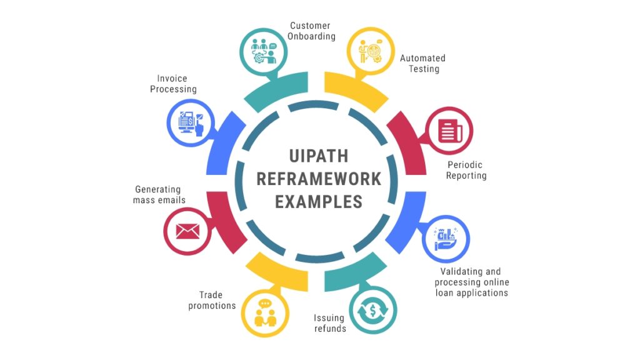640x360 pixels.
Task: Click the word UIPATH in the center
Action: click(x=318, y=156)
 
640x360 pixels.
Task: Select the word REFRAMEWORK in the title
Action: click(x=318, y=179)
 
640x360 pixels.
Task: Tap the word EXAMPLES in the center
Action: click(x=318, y=202)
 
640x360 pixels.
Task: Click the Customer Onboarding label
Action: click(x=311, y=31)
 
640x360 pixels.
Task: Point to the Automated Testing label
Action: click(x=423, y=63)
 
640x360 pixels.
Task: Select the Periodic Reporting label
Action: click(x=466, y=170)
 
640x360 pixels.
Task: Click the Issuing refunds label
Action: click(x=330, y=323)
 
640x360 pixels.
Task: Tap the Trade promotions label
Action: click(x=212, y=300)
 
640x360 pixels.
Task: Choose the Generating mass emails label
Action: click(x=159, y=195)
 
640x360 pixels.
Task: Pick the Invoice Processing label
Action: click(x=173, y=84)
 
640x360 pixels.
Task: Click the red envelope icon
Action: click(x=187, y=231)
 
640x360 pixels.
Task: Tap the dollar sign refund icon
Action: click(x=372, y=311)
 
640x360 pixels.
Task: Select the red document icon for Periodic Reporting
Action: click(x=450, y=131)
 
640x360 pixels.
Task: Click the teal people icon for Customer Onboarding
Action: click(x=264, y=52)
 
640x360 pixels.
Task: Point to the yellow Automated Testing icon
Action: click(x=371, y=51)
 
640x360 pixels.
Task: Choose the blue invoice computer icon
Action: click(x=191, y=123)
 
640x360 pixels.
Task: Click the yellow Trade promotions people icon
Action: click(x=265, y=313)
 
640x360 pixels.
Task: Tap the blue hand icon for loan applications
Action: click(x=446, y=239)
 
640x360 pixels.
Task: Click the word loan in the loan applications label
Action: click(x=444, y=292)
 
